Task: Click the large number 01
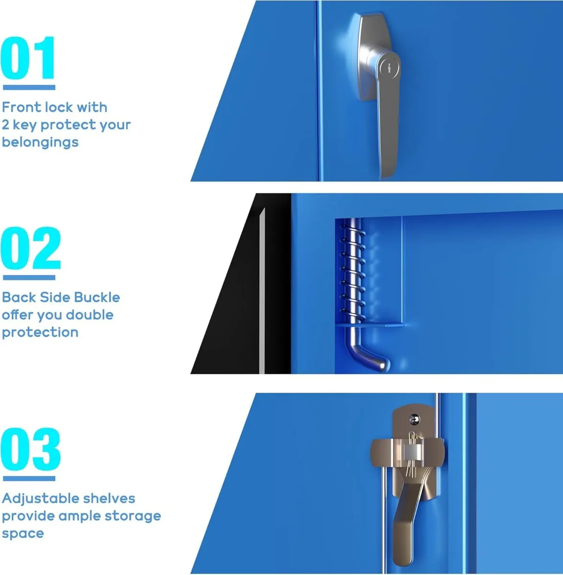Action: [29, 58]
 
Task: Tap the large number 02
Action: [31, 249]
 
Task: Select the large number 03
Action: [31, 450]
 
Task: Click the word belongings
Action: [40, 142]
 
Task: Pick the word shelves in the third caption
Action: [109, 499]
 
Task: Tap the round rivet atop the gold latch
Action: [414, 419]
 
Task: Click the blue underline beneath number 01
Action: [29, 87]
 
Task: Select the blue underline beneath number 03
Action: [29, 478]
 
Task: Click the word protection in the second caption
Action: [40, 333]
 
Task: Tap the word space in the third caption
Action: [23, 533]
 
